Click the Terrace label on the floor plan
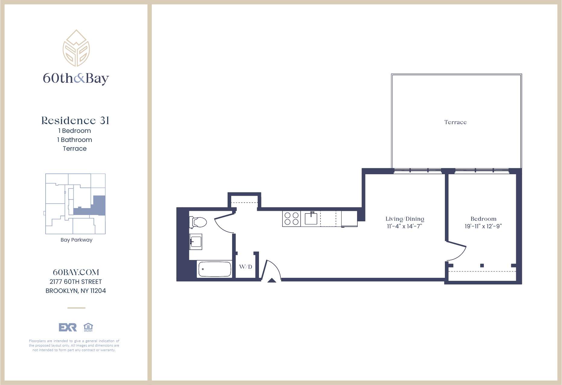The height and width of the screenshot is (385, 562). (x=455, y=122)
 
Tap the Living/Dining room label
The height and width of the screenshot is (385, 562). (x=404, y=219)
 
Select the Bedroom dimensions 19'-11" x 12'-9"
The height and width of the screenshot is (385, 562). (x=483, y=226)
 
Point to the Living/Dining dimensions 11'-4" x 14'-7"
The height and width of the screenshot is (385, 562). (x=404, y=226)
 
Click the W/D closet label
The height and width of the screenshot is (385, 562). (x=245, y=267)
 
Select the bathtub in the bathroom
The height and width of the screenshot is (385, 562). (x=214, y=269)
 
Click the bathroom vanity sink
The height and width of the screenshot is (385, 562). (x=196, y=242)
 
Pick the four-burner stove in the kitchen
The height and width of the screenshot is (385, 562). (x=291, y=219)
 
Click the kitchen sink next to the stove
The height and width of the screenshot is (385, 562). (x=311, y=218)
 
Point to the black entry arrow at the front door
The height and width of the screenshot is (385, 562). (x=272, y=281)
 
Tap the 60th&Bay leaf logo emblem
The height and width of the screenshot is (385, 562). (x=76, y=48)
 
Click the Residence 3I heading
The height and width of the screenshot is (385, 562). (x=75, y=120)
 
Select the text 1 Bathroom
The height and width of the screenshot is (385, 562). (x=75, y=140)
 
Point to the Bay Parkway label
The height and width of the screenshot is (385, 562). (x=76, y=240)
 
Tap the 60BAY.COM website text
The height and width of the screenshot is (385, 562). (x=76, y=272)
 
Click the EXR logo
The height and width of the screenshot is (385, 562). (x=68, y=327)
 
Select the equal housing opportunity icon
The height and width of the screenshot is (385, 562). (x=88, y=327)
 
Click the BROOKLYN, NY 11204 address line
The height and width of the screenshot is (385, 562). (x=76, y=291)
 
